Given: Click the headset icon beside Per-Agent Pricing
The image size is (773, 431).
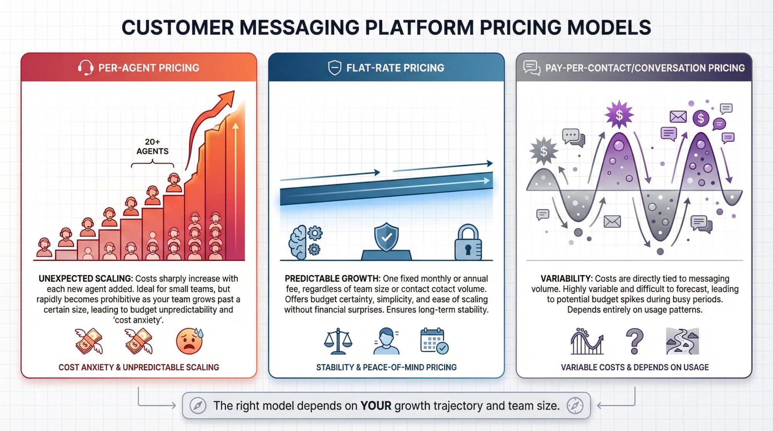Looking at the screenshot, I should point(85,68).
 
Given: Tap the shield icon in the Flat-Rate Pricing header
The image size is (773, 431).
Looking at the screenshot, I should point(334,68).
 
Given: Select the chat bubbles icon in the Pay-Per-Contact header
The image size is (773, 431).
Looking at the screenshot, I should point(532,68).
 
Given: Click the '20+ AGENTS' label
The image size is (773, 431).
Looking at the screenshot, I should point(152,146).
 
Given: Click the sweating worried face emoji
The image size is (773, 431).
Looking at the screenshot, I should point(189,341).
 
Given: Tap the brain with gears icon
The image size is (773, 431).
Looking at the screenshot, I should point(305,242).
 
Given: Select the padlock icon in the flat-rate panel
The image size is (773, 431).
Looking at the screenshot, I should point(468,242).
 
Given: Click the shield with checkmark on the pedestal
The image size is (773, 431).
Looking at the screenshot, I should point(386,237).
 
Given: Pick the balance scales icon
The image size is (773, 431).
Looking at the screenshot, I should point(338,341).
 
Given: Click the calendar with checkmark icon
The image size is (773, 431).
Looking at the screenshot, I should point(434,341).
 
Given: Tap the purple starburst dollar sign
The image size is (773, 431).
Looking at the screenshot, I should point(619,115).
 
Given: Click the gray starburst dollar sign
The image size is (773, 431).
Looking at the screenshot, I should point(544,151).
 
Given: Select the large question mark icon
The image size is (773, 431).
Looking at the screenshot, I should point(634,341).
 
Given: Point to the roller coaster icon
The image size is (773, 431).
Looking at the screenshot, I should point(587,341).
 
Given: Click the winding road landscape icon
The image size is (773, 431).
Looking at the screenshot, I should point(682,341).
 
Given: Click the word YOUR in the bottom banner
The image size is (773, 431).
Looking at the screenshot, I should point(376,406).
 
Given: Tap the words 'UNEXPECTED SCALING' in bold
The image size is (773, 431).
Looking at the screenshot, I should point(85,278).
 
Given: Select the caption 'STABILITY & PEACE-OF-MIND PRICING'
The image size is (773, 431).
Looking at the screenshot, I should point(386,367).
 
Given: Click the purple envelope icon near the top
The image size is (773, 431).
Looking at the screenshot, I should point(678,116).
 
